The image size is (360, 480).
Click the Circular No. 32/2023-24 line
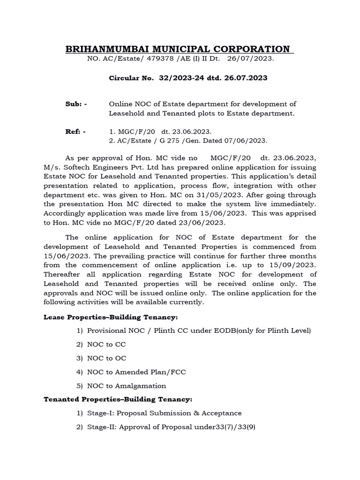tap(188, 78)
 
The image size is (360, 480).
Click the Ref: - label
tap(75, 132)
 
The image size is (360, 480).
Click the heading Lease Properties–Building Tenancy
tap(111, 317)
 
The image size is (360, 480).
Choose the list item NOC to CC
tap(106, 345)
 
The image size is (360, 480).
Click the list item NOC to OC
tap(106, 358)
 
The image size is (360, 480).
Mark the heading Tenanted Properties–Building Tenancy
tap(118, 399)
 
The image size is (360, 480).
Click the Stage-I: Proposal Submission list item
tap(164, 413)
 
